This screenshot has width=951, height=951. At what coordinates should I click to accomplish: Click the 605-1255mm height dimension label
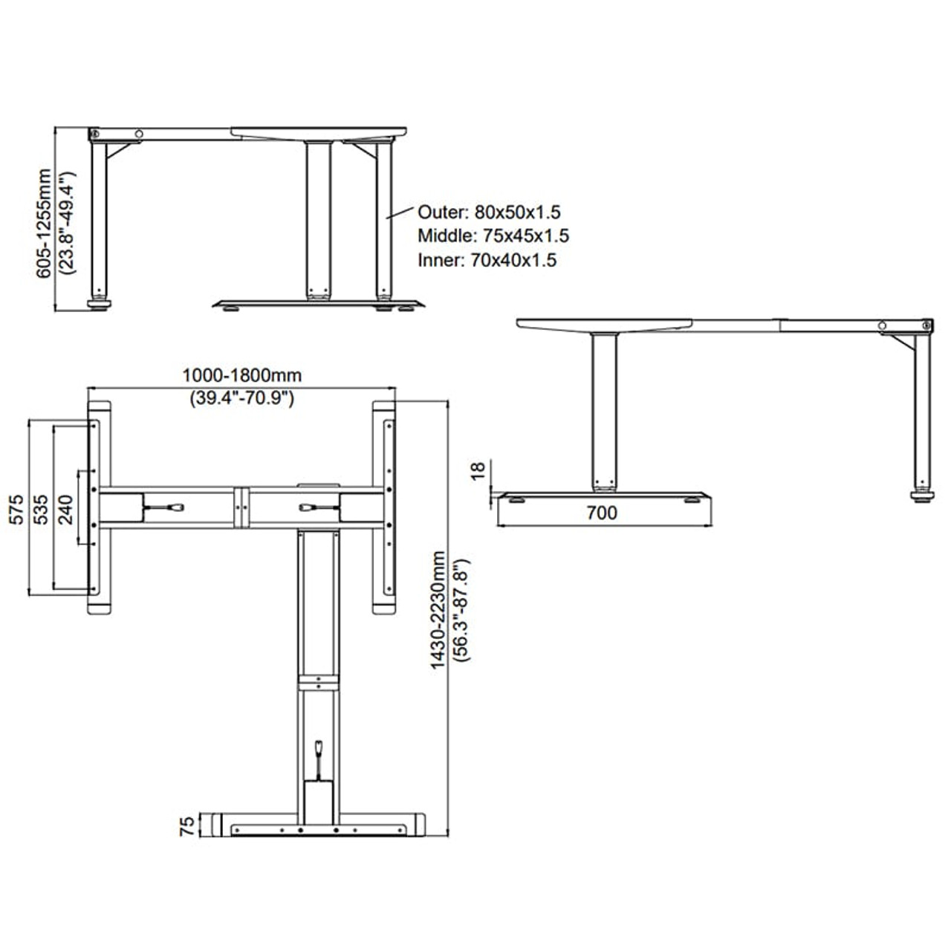click(45, 224)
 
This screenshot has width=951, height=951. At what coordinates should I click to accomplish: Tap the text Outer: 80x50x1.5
click(489, 213)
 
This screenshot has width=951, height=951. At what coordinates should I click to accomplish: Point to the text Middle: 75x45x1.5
click(493, 236)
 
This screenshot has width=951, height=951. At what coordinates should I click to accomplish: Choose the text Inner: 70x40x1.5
click(487, 260)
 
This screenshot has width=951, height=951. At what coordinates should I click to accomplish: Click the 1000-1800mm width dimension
click(242, 375)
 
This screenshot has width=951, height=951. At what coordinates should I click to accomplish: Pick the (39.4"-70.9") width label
click(242, 398)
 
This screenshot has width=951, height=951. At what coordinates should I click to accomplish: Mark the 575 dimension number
click(17, 510)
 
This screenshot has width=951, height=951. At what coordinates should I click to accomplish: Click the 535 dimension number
click(42, 510)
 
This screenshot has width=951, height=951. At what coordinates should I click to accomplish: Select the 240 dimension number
click(66, 510)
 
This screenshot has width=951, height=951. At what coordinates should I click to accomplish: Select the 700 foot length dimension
click(602, 513)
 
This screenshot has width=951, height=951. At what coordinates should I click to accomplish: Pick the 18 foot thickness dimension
click(478, 470)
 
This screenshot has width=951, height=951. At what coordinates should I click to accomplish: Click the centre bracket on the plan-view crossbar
click(241, 508)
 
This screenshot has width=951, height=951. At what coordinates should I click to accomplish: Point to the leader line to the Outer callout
click(400, 213)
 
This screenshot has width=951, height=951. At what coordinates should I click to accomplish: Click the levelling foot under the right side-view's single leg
click(923, 499)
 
